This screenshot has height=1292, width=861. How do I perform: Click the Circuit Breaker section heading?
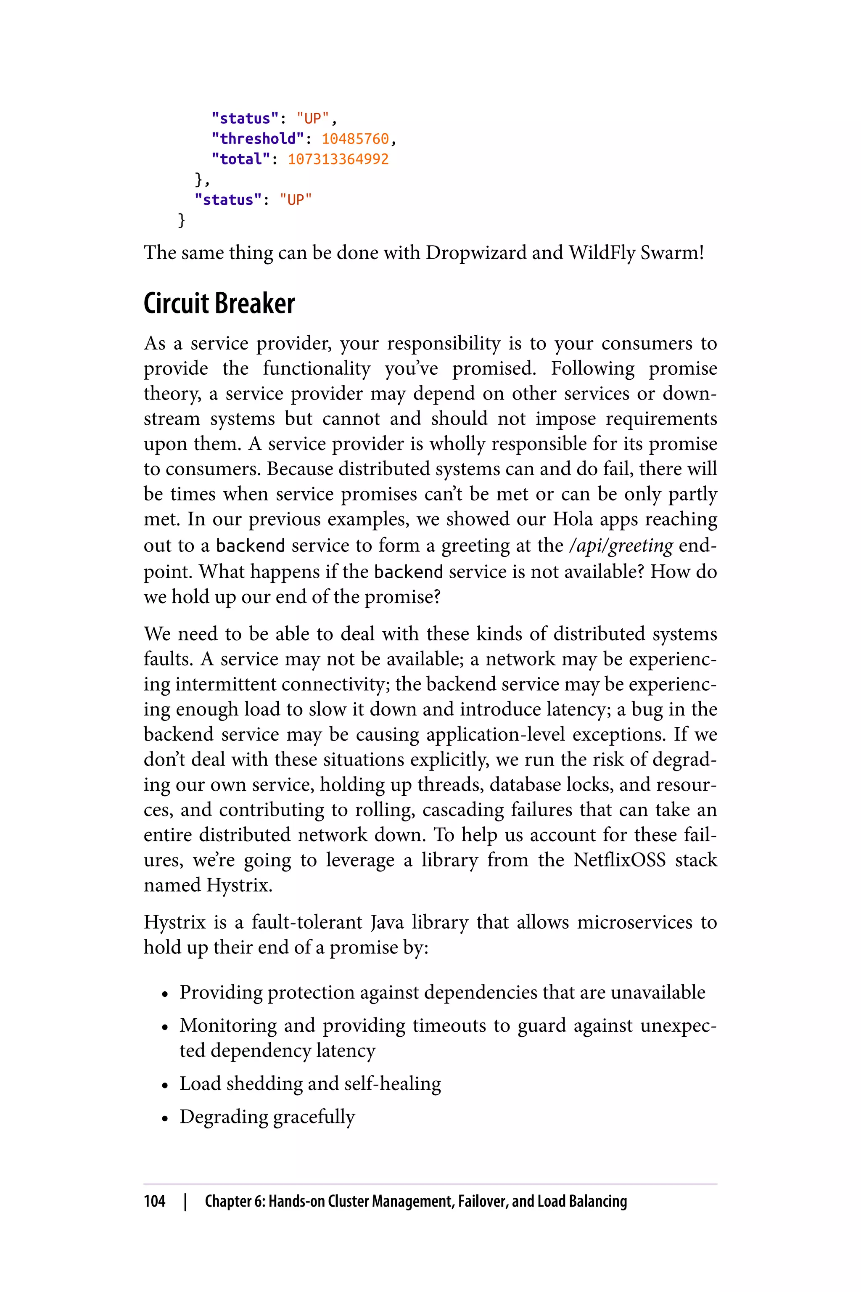point(219,304)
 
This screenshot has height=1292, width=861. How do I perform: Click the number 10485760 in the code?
point(355,139)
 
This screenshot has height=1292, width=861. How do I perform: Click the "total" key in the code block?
point(240,159)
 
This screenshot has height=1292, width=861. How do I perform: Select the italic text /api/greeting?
point(621,545)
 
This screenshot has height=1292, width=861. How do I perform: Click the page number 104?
point(154,1201)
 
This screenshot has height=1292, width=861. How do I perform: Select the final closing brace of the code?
point(182,220)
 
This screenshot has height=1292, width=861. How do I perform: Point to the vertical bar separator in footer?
point(185,1201)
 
